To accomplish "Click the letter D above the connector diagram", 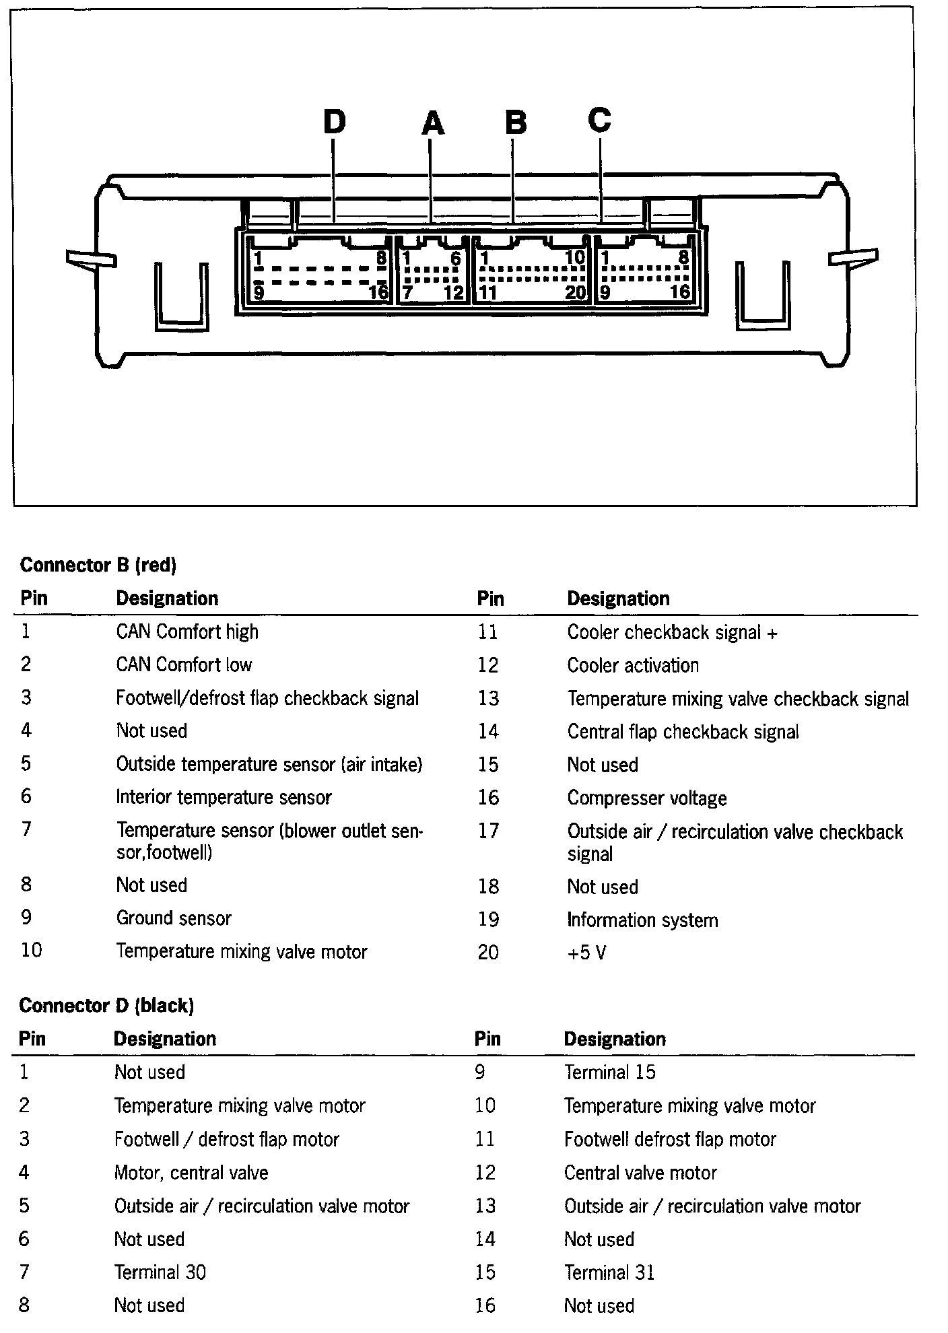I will (x=335, y=123).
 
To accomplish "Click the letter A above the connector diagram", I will (x=433, y=124).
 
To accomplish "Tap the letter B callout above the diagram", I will (x=516, y=123).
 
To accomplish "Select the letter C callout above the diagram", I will (x=599, y=120).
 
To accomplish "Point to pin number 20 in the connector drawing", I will (x=575, y=293).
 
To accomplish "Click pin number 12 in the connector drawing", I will (x=454, y=293).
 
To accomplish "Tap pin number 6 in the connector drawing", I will (x=456, y=259).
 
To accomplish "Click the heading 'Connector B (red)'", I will (x=98, y=564).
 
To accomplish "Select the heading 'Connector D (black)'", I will (x=106, y=1005).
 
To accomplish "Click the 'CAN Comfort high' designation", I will (x=187, y=631).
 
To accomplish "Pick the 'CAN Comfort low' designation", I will (x=184, y=664).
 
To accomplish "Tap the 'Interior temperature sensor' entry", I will (x=224, y=797).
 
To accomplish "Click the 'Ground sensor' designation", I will (x=174, y=918).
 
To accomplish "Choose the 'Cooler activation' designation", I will (x=633, y=665).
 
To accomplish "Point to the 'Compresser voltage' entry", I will (x=647, y=798).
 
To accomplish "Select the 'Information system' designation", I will (x=642, y=920).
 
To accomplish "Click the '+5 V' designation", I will (x=586, y=953).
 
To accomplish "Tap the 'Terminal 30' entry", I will (x=160, y=1272).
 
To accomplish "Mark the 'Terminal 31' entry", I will (x=609, y=1272).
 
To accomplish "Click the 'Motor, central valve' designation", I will (x=191, y=1172).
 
